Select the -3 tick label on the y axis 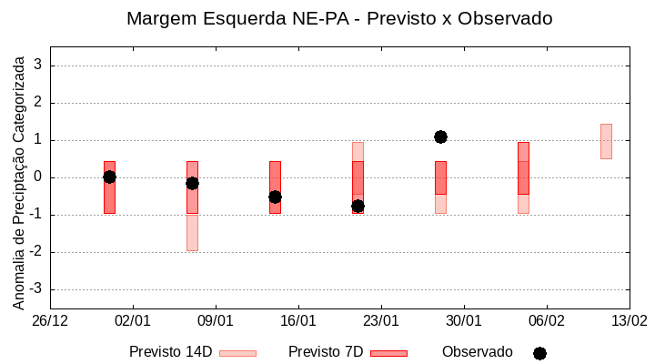37,289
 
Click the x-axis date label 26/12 50,321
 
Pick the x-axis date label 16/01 298,321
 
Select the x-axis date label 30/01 464,321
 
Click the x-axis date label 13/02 630,321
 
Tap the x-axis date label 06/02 547,321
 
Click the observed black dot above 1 440,136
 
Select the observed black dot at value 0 109,177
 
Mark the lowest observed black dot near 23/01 358,207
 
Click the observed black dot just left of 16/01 275,197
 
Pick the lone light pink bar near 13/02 606,141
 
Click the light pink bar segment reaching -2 192,232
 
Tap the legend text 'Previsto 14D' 170,352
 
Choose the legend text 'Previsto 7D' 326,352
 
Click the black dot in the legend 539,353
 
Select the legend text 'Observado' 478,352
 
